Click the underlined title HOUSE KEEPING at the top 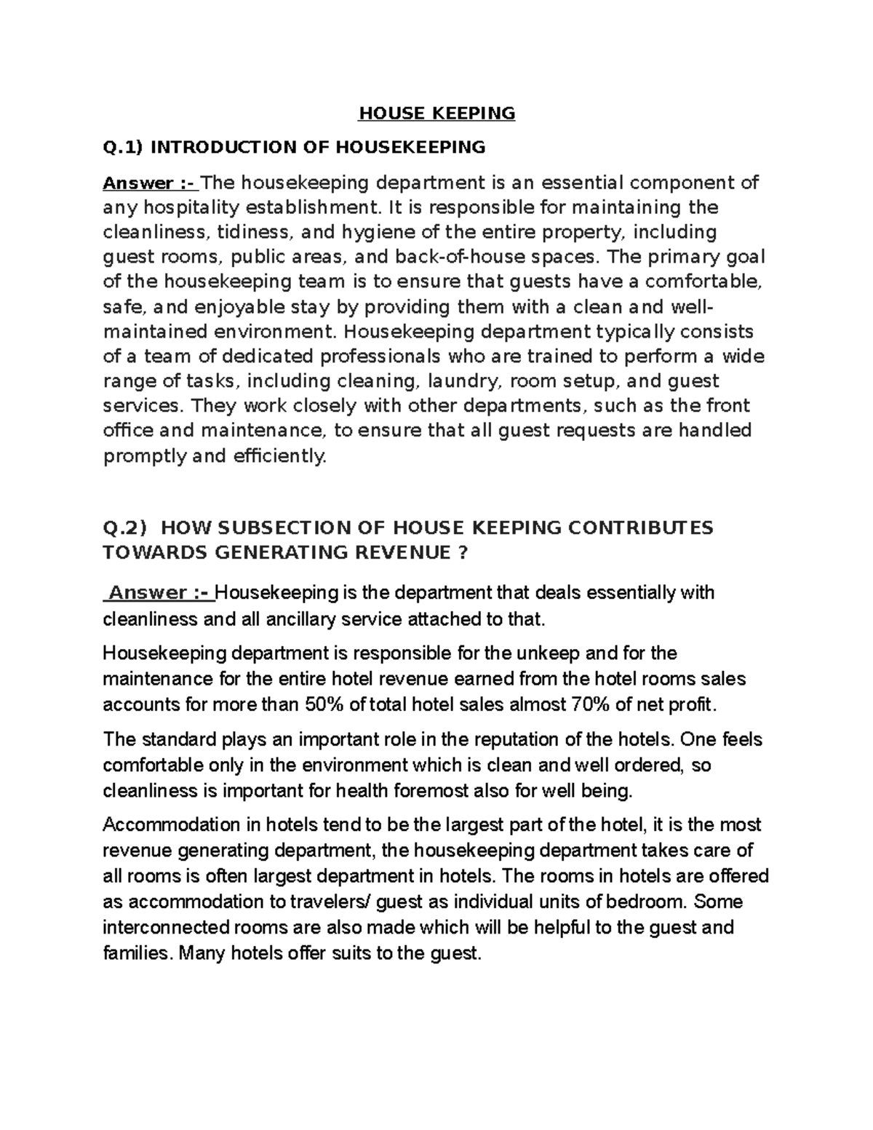[x=436, y=114]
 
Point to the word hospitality [x=191, y=207]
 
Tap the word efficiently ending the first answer [x=289, y=456]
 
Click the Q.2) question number [x=125, y=528]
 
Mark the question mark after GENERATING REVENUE [x=461, y=552]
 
